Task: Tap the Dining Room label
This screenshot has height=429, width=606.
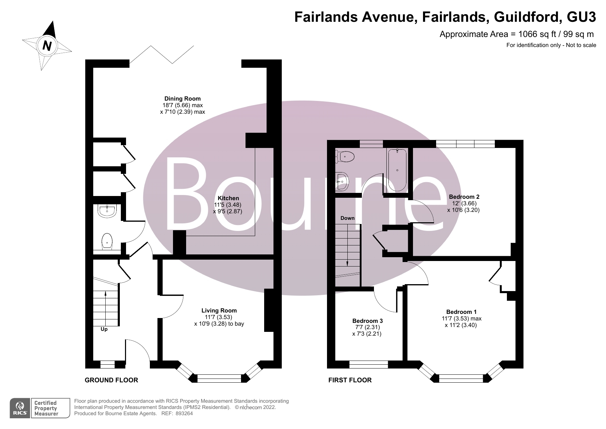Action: [182, 99]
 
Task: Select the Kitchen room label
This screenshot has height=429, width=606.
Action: [228, 198]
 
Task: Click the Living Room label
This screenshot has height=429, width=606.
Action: [219, 311]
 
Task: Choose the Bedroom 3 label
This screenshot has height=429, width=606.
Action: [367, 321]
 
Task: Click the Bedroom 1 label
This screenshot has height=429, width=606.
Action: [461, 312]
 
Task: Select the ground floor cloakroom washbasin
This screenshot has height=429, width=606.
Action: [108, 211]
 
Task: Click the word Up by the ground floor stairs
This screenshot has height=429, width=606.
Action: [104, 329]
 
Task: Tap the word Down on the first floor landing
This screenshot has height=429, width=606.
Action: [347, 218]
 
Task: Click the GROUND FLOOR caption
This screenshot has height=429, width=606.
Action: [111, 380]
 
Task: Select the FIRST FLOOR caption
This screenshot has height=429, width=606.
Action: [350, 380]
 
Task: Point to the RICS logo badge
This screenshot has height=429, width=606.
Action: [20, 408]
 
